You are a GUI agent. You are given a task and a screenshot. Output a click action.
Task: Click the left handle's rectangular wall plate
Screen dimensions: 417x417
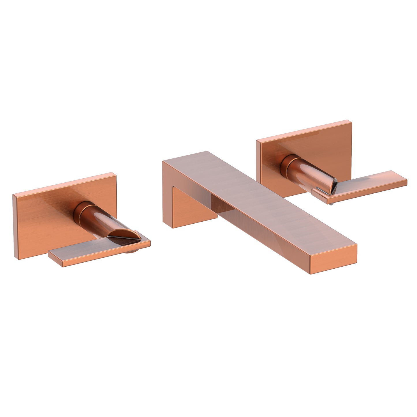click(43, 219)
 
